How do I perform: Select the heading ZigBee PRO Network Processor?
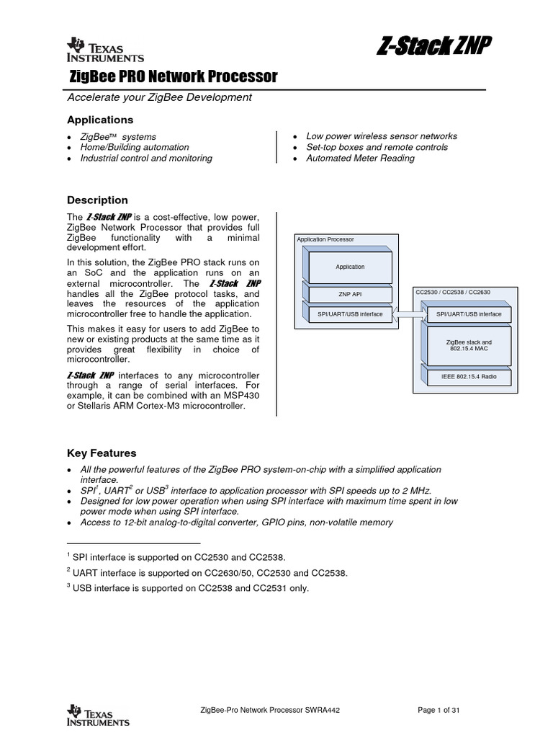(173, 76)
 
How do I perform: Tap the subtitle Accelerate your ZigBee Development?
(159, 97)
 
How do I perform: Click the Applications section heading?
(100, 120)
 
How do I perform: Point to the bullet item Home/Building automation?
(135, 147)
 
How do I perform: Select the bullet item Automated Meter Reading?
(360, 158)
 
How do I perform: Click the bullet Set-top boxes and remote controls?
(377, 147)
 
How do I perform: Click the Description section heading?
(97, 200)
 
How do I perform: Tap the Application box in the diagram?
(351, 267)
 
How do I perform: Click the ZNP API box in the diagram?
(351, 294)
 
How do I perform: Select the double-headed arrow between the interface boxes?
(411, 314)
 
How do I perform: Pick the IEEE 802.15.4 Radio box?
(468, 376)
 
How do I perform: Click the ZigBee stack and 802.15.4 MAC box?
(469, 344)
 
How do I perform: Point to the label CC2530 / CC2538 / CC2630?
(454, 292)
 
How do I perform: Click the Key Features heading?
(102, 453)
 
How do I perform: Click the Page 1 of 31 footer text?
(439, 710)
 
